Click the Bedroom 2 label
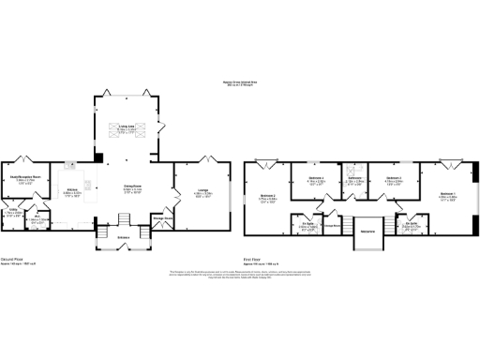267,196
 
